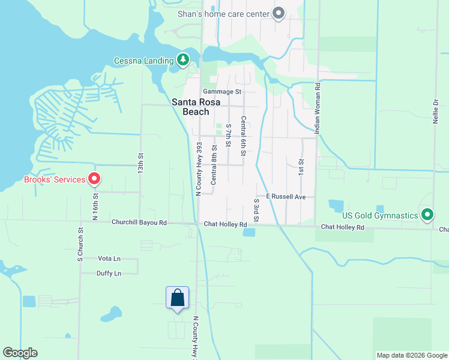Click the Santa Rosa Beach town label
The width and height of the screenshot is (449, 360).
[x=190, y=107]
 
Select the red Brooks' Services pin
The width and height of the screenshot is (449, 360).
[x=94, y=179]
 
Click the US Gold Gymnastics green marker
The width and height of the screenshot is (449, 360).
[x=427, y=214]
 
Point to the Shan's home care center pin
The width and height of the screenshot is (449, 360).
[x=279, y=13]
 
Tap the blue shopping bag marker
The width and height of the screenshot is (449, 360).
[x=177, y=298]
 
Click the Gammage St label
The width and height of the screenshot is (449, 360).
[x=221, y=92]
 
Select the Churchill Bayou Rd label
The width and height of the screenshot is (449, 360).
[x=139, y=223]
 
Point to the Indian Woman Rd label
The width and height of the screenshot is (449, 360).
[x=318, y=108]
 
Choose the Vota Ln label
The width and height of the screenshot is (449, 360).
[x=109, y=259]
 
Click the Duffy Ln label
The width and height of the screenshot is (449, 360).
[x=109, y=274]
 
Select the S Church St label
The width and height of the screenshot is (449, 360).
[x=80, y=245]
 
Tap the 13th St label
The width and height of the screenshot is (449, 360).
[x=141, y=162]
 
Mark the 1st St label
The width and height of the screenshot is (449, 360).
[x=301, y=166]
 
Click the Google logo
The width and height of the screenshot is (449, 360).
[x=20, y=353]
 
